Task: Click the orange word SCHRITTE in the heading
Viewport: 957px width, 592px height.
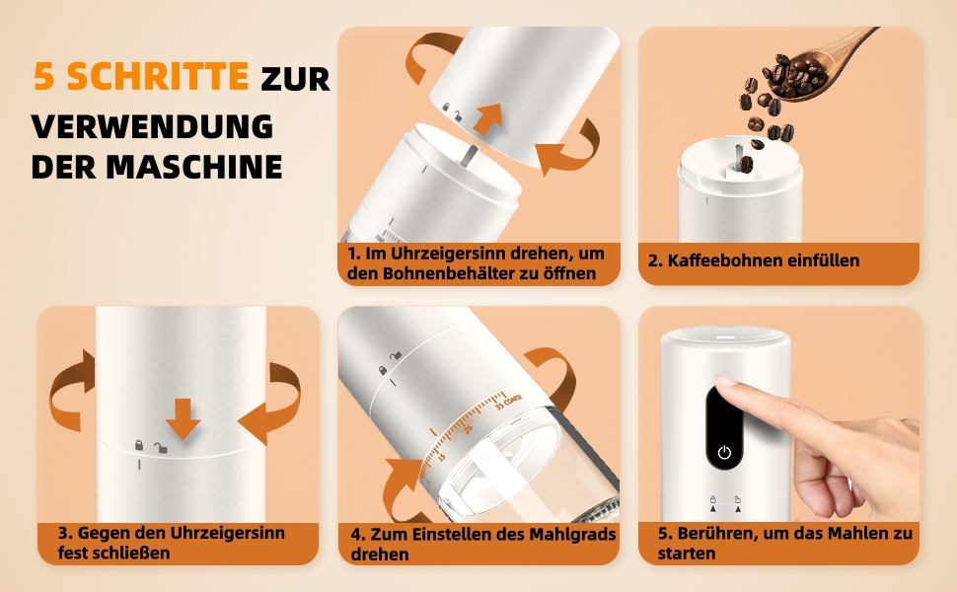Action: click(158, 76)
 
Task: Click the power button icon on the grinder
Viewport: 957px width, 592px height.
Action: click(724, 452)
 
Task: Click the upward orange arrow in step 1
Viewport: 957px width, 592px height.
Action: click(488, 118)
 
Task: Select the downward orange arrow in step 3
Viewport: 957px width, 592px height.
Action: click(183, 418)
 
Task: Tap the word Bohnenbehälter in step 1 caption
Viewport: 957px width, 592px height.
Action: click(449, 273)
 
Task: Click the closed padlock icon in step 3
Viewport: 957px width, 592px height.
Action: click(139, 446)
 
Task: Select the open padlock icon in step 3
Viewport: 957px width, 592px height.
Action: click(161, 448)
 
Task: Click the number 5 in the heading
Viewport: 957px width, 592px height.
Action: click(44, 76)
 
